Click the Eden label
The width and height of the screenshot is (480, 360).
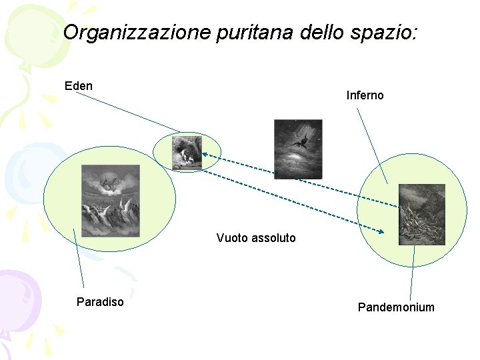coord(79,86)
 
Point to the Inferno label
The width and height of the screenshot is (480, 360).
coord(365,95)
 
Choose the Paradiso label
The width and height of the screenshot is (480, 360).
coord(100,302)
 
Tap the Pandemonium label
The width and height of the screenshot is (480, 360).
coord(396,307)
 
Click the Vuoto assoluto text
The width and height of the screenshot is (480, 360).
coord(256,238)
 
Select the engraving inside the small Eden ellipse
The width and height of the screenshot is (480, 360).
coord(187,153)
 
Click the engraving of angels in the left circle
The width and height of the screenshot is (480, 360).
coord(110,201)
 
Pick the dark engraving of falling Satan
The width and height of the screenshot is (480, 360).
coord(298,149)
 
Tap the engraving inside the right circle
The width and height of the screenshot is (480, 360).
coord(421,215)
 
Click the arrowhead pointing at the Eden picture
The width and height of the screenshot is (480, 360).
coord(203,155)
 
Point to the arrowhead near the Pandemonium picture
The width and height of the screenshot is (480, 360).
coord(381,232)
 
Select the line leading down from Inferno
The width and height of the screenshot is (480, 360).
coord(372,145)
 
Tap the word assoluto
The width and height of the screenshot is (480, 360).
coord(273,238)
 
